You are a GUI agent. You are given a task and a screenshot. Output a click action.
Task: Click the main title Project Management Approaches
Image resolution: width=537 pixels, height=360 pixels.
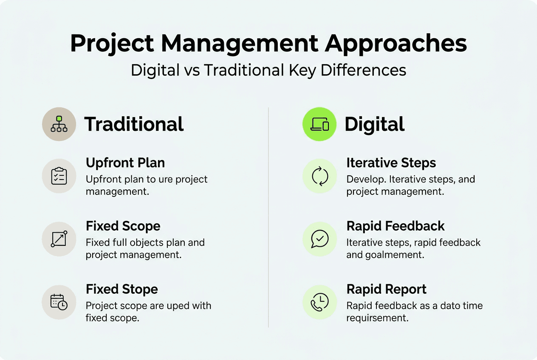click(x=268, y=43)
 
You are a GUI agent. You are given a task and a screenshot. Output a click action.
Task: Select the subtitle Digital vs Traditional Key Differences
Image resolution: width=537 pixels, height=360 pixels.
click(x=268, y=70)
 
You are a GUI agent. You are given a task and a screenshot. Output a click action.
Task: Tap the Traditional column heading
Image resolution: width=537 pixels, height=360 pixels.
click(x=134, y=124)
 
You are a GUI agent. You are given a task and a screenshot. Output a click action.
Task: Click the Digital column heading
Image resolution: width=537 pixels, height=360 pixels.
click(x=374, y=124)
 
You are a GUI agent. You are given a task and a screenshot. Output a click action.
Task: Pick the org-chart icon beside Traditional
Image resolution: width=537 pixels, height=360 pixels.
click(x=59, y=124)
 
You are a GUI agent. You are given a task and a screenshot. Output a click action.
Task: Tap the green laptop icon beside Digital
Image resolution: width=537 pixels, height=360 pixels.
click(x=319, y=124)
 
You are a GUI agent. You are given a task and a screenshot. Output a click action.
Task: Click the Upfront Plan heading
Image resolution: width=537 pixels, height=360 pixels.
click(x=125, y=163)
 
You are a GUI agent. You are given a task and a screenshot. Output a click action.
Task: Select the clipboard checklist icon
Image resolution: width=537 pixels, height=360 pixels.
click(x=59, y=176)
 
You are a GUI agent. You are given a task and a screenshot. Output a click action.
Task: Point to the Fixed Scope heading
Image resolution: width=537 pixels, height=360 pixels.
click(x=123, y=226)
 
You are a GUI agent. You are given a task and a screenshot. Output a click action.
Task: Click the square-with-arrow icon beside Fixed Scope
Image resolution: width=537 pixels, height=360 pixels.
click(x=59, y=239)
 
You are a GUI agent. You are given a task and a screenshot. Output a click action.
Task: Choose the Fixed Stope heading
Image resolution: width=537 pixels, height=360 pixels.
click(x=122, y=290)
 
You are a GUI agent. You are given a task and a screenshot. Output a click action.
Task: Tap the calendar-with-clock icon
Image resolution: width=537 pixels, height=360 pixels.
click(x=59, y=302)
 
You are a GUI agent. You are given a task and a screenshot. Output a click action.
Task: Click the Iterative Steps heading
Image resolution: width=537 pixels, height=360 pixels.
click(x=391, y=163)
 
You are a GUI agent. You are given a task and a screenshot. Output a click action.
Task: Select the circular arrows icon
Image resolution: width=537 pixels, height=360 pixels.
click(x=319, y=176)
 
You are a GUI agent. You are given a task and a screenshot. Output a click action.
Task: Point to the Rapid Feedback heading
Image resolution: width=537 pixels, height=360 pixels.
click(x=395, y=226)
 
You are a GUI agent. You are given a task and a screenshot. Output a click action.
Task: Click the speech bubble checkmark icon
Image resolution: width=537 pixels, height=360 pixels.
click(x=319, y=239)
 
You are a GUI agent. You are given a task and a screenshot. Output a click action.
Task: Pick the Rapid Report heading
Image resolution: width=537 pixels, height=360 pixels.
click(x=386, y=290)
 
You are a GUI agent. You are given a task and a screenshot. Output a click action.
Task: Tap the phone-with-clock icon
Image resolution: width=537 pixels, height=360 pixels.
click(x=319, y=302)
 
